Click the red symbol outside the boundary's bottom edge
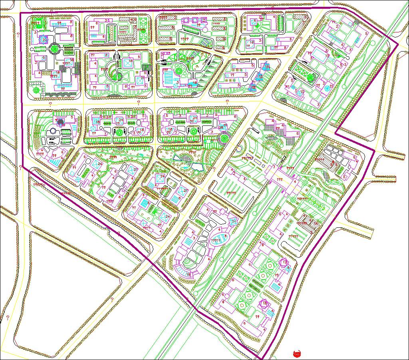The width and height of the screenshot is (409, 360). tap(296, 353)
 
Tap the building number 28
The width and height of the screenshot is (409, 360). tap(220, 127)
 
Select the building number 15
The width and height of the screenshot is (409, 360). tap(302, 91)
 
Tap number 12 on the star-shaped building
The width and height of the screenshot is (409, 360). tap(284, 262)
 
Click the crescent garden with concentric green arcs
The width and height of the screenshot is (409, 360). tap(113, 73)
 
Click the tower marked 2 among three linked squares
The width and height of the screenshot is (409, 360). tap(203, 20)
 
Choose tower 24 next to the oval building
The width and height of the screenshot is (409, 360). tap(234, 221)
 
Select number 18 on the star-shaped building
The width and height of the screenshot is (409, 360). tap(265, 304)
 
